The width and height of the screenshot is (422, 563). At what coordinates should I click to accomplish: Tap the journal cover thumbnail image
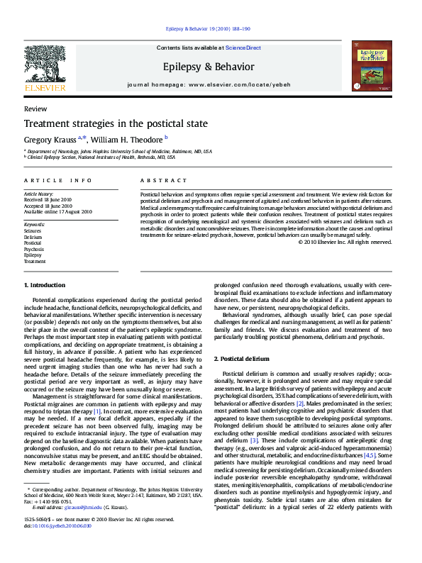pyautogui.click(x=372, y=67)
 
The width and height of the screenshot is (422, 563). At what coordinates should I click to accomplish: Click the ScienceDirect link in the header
pyautogui.click(x=243, y=48)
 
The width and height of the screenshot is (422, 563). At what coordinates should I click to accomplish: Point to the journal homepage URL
pyautogui.click(x=238, y=84)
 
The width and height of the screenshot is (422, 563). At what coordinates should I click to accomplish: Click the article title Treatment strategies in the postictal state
pyautogui.click(x=116, y=123)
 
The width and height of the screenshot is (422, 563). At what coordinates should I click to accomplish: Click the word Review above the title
pyautogui.click(x=35, y=109)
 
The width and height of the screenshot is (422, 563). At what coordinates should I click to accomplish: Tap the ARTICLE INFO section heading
pyautogui.click(x=58, y=181)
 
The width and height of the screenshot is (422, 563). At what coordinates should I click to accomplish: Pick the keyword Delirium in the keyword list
pyautogui.click(x=33, y=237)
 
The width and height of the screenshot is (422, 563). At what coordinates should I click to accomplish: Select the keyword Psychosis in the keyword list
pyautogui.click(x=34, y=250)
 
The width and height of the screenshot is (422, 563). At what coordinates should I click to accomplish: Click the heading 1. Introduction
pyautogui.click(x=45, y=284)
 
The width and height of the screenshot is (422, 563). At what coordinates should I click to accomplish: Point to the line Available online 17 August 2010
pyautogui.click(x=58, y=211)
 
